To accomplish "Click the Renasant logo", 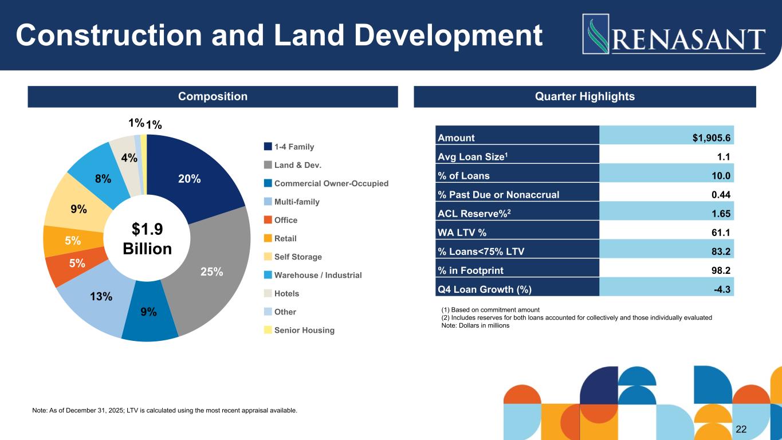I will (x=674, y=34).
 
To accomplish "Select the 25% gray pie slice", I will (x=215, y=269).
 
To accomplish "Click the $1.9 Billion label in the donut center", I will (x=147, y=239).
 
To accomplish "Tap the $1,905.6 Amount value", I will (x=709, y=137).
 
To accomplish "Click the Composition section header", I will (x=213, y=96).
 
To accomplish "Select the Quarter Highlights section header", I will (x=584, y=96).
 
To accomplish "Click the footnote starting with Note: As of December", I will (x=165, y=410).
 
